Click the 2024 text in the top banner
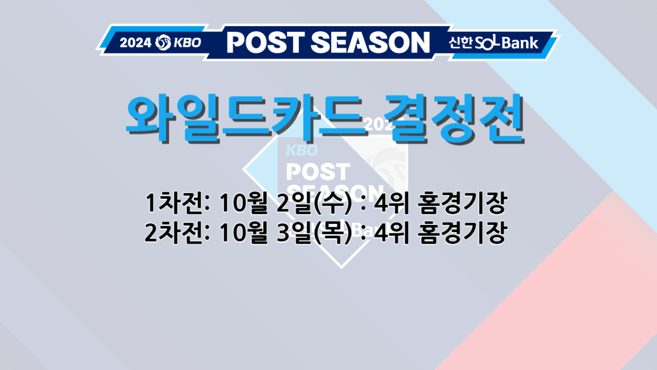click(x=135, y=43)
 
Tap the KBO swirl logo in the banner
click(x=162, y=42)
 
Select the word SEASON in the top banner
click(x=369, y=42)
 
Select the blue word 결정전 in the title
click(x=456, y=118)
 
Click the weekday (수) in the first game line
click(x=333, y=205)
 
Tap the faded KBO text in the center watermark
click(x=302, y=150)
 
